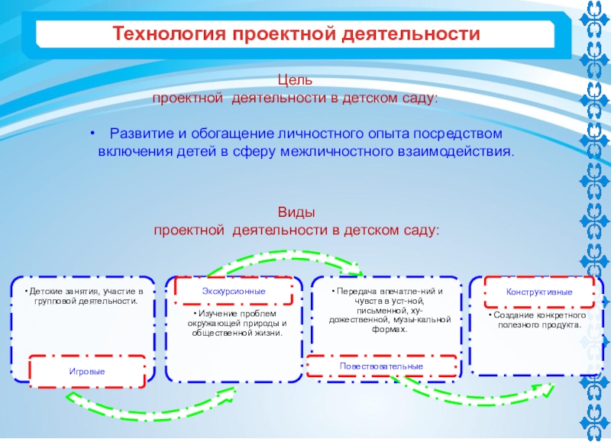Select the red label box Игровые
click(87, 370)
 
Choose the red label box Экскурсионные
click(234, 292)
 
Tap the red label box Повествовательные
click(382, 366)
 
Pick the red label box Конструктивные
click(539, 292)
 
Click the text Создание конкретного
click(539, 315)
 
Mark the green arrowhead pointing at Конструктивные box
click(546, 388)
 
